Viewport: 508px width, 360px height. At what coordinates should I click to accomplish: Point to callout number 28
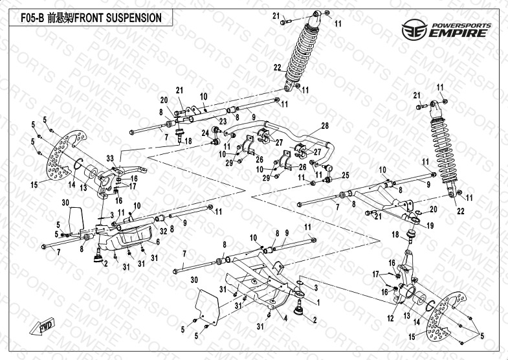pos(325,126)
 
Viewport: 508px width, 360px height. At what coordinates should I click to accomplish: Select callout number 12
pos(390,319)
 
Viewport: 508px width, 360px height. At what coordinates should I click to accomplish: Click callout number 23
pos(222,122)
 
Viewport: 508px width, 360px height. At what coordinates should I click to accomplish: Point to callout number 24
pos(205,133)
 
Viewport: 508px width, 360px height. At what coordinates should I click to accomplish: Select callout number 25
pos(345,175)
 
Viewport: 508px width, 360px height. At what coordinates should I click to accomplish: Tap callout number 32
pos(163,230)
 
